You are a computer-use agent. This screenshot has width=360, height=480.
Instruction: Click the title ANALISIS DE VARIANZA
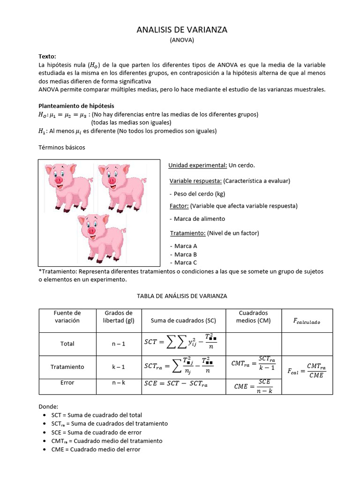(x=181, y=30)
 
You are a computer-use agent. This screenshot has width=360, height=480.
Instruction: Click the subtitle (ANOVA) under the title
(x=181, y=40)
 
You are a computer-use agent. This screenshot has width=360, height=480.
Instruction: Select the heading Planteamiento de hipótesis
(x=76, y=106)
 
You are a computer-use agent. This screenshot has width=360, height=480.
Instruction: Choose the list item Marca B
(x=185, y=254)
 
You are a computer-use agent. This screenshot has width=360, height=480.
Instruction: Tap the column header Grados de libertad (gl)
(x=119, y=316)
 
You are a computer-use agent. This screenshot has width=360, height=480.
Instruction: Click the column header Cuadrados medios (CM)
(x=253, y=316)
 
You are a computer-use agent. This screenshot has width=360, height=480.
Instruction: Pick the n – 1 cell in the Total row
(x=119, y=344)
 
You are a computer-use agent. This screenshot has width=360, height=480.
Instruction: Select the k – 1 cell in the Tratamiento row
(x=119, y=367)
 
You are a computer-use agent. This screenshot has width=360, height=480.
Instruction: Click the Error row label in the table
(x=67, y=382)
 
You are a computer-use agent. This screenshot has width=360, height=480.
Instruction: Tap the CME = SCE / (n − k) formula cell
(x=253, y=386)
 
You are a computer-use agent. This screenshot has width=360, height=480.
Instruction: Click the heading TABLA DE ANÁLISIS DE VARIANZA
(x=181, y=296)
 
